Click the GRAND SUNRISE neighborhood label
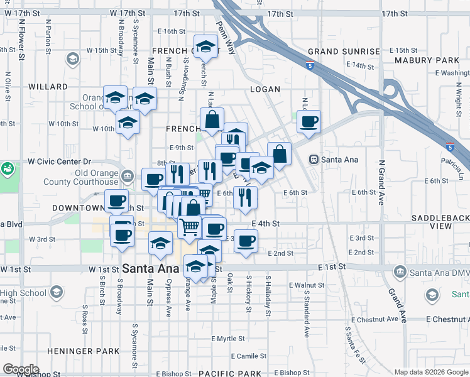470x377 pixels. click(344, 52)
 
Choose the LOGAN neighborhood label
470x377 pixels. click(265, 89)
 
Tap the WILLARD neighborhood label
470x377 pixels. click(48, 87)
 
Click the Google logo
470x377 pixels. click(21, 369)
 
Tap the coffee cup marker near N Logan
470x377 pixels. click(308, 122)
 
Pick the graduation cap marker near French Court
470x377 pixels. click(205, 46)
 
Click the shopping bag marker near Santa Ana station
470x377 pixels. click(279, 153)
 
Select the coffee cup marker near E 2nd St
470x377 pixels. click(246, 241)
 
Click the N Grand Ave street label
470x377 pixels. click(381, 183)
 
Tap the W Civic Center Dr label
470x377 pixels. click(60, 161)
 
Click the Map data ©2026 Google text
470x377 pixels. click(430, 371)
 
